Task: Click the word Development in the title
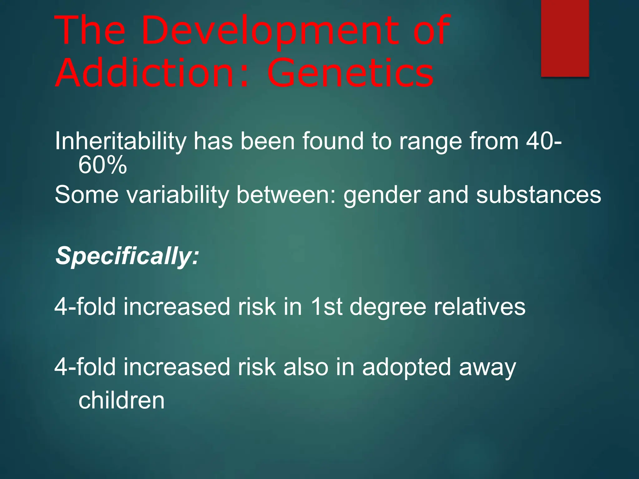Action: point(270,31)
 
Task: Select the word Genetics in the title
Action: point(350,74)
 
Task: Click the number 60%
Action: point(103,166)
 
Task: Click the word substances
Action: point(538,195)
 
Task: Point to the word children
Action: point(121,400)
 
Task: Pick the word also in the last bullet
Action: point(306,367)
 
